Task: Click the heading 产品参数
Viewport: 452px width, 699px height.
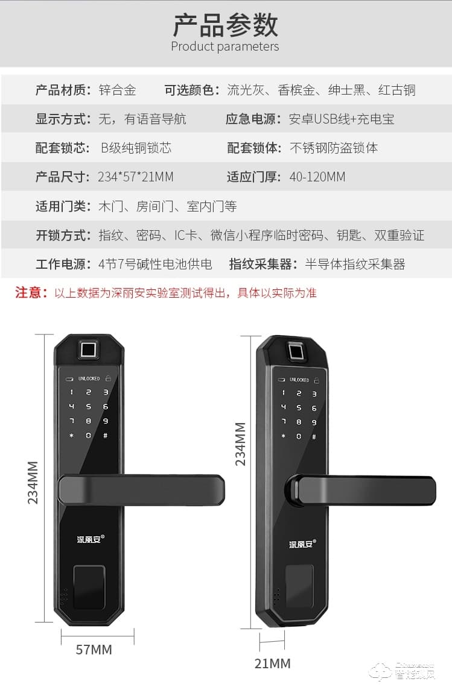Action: [225, 25]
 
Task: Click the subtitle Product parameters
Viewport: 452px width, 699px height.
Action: [225, 46]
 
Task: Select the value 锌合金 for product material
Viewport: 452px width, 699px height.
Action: [118, 90]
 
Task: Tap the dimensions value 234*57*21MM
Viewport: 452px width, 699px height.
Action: [136, 177]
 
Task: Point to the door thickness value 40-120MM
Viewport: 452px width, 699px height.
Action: [317, 177]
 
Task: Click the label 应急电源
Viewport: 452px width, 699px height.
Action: [254, 119]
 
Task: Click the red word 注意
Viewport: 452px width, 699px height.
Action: [31, 293]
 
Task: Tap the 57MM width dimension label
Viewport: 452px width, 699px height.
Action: [94, 650]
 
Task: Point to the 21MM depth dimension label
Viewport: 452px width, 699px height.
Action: [272, 663]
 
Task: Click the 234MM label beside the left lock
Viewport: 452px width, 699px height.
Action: [33, 482]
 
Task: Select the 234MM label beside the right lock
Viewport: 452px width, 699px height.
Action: [241, 444]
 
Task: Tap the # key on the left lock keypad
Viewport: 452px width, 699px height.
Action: [106, 436]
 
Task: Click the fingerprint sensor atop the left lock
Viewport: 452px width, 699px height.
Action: [89, 349]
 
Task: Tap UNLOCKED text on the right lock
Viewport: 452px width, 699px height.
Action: [299, 380]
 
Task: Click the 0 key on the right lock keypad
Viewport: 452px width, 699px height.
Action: [299, 437]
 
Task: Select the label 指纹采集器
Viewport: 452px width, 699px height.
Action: [261, 264]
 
